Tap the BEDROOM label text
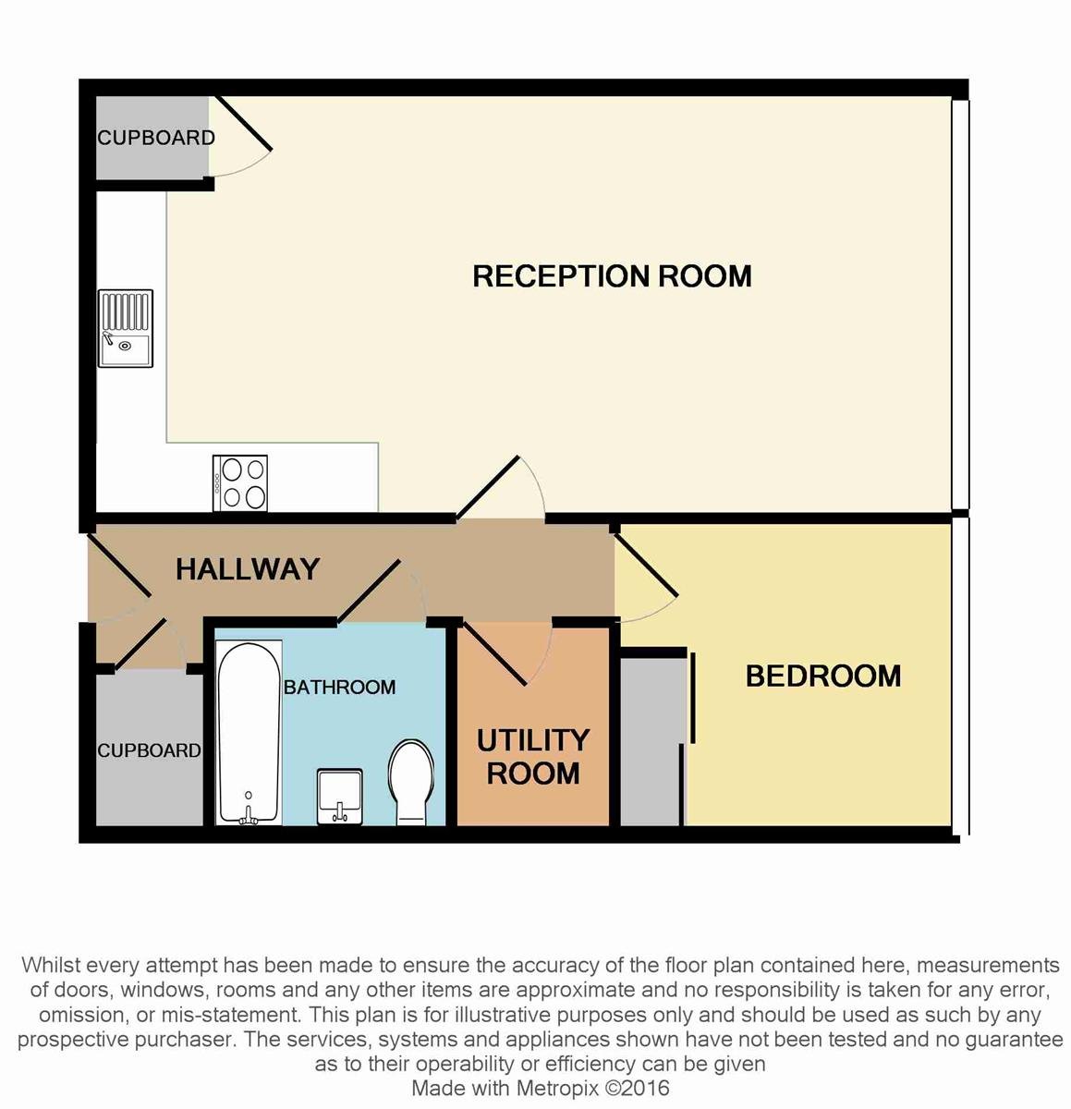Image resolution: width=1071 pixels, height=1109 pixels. [823, 676]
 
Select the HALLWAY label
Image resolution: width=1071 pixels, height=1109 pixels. [248, 569]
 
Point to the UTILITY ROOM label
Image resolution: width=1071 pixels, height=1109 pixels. [532, 757]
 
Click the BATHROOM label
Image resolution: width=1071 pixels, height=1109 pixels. [339, 688]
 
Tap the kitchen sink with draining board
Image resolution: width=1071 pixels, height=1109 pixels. [126, 328]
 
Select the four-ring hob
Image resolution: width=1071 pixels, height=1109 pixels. [240, 482]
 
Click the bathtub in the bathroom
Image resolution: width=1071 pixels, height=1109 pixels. [249, 733]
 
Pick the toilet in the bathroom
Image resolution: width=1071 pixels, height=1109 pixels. [410, 782]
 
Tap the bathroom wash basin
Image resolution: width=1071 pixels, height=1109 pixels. [339, 797]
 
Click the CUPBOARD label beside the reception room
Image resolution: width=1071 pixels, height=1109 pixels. [156, 138]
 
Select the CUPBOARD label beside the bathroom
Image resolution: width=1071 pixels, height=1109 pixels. [150, 750]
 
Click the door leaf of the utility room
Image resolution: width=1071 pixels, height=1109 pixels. [494, 653]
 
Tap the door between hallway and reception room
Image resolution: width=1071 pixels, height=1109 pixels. [488, 487]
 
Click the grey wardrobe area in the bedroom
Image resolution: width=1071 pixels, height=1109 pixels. [652, 742]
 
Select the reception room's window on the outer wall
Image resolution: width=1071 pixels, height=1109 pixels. [960, 305]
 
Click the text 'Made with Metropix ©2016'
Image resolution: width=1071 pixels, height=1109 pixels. [540, 1088]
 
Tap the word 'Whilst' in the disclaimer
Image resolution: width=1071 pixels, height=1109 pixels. [51, 966]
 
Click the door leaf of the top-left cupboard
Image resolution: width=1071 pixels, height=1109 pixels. [243, 123]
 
